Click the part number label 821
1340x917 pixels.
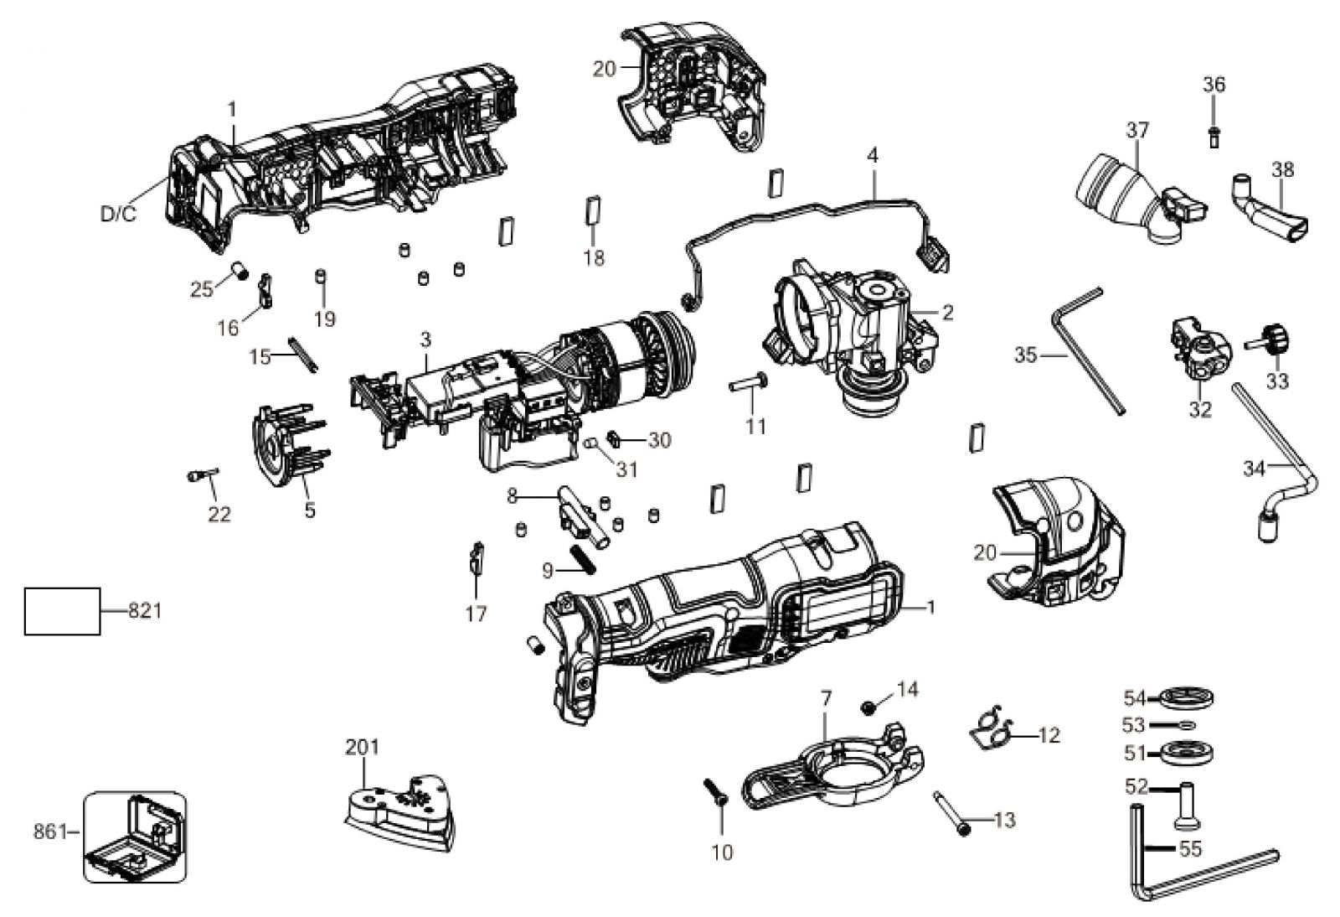click(146, 611)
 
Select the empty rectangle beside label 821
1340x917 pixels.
click(62, 611)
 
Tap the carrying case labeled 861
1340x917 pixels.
click(135, 837)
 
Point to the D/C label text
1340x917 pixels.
click(118, 215)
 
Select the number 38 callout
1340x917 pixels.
click(1282, 170)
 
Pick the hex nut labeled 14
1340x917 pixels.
click(866, 707)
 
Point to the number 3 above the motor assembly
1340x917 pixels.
click(425, 340)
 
